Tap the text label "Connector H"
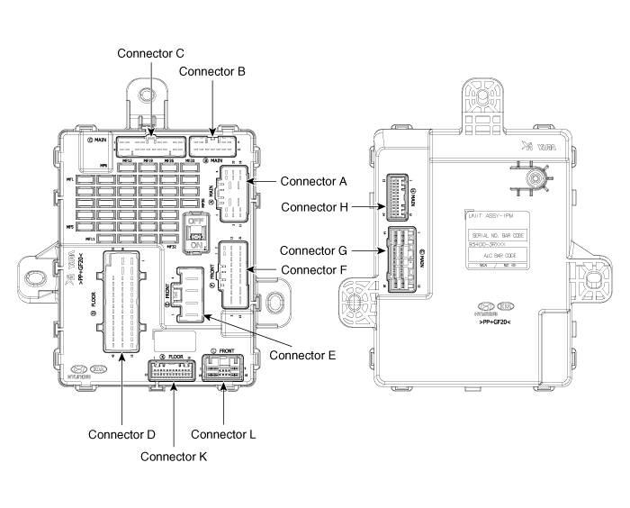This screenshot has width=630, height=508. coord(315,207)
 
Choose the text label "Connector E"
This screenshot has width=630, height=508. coord(302,355)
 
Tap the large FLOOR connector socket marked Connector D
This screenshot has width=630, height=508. coord(121,300)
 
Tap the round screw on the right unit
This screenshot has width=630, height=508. coord(535,178)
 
